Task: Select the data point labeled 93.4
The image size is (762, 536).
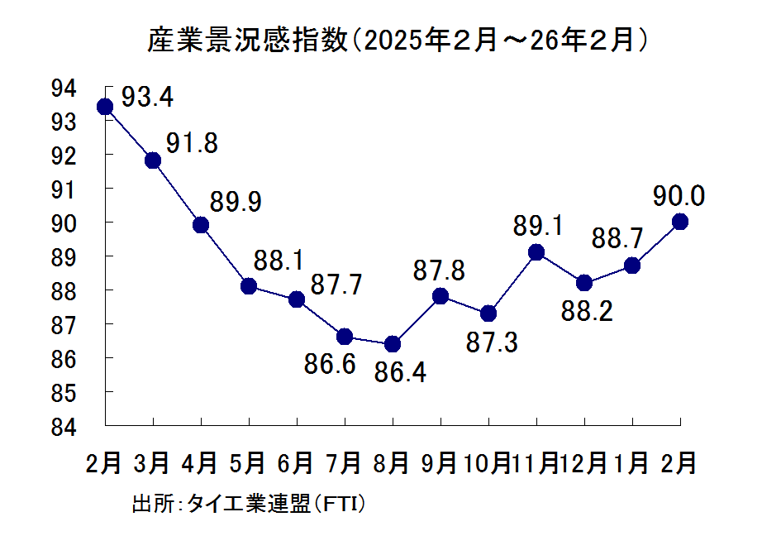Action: click(x=105, y=107)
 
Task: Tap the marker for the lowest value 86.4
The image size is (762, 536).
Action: click(x=393, y=343)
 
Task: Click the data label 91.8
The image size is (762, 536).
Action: click(x=192, y=143)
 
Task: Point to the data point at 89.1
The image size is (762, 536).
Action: click(x=536, y=252)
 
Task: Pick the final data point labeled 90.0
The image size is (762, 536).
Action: click(x=680, y=222)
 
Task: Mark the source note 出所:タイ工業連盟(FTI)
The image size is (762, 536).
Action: click(x=249, y=504)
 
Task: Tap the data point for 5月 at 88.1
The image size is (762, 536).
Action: click(x=249, y=286)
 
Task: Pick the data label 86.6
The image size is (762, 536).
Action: click(x=329, y=364)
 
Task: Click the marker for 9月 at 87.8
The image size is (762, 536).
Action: click(x=441, y=296)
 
